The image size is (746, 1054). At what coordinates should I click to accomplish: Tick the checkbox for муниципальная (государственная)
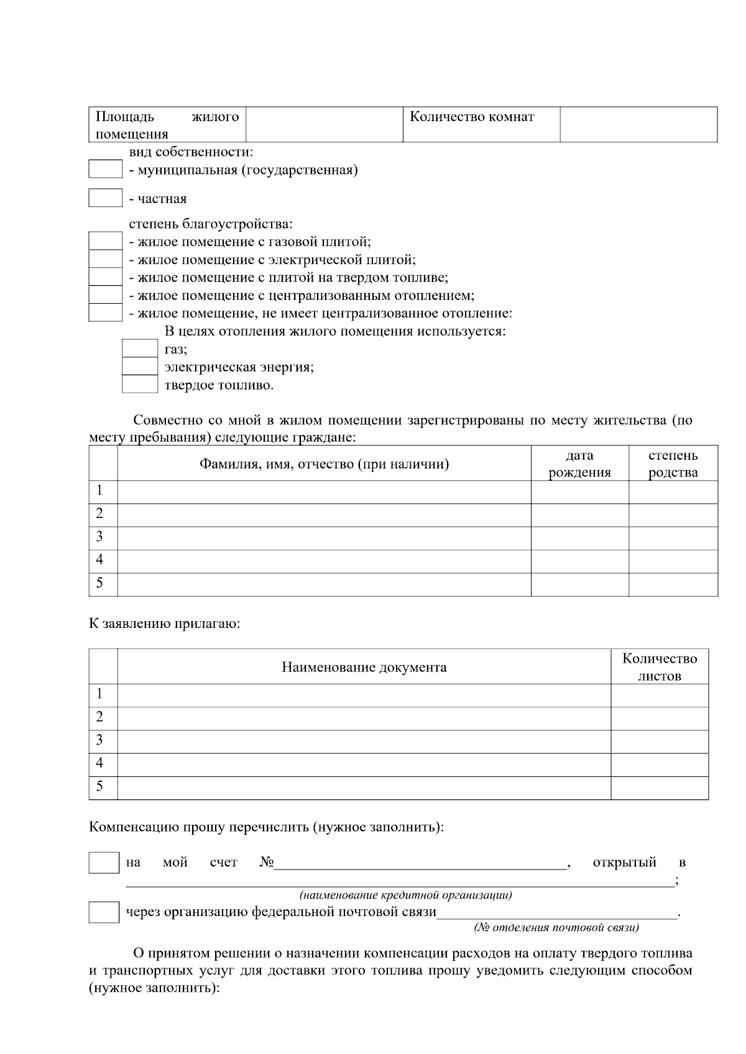pos(105,169)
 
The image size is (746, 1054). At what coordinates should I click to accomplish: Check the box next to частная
pos(105,198)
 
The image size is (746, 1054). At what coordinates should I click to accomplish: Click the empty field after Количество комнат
pos(638,124)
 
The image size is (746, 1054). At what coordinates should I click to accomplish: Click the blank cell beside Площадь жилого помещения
pos(325,124)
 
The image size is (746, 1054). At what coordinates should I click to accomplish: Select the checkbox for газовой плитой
pos(105,241)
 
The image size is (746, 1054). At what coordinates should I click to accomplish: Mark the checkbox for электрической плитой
pos(105,259)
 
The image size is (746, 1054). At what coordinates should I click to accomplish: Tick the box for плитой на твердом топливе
pos(105,277)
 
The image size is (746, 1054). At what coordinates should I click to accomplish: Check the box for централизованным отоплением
pos(105,294)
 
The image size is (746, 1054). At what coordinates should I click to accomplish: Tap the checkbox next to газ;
pos(139,348)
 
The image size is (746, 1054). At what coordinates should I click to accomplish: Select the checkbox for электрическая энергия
pos(139,366)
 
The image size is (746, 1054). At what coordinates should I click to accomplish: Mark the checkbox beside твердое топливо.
pos(139,384)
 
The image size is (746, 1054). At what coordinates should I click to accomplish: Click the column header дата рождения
pos(579,463)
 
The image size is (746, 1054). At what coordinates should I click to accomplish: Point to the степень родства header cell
pos(673,463)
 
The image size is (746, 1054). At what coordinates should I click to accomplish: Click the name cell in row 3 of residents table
pos(324,537)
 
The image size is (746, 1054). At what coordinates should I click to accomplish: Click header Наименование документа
pos(364,667)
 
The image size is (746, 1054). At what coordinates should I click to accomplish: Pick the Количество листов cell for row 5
pos(659,788)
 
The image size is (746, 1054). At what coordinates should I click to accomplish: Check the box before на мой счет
pos(103,863)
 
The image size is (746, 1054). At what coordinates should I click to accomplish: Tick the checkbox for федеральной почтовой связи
pos(103,912)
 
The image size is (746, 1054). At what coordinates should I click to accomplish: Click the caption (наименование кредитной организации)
pos(405,895)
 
